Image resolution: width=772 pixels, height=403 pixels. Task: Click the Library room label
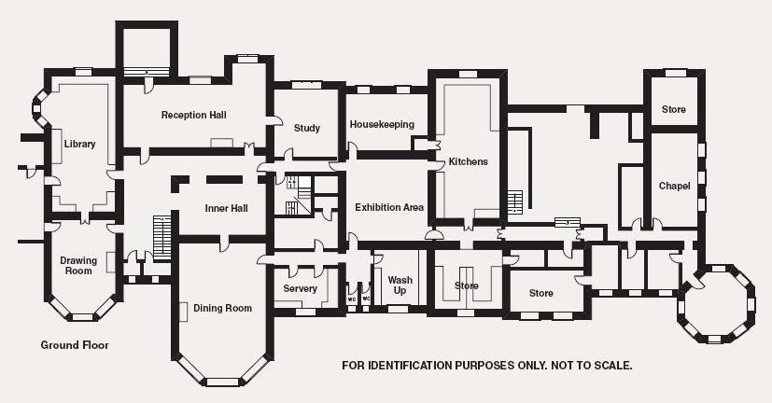click(80, 144)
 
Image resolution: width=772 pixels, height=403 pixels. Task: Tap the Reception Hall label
click(193, 116)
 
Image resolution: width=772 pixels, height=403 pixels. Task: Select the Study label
click(307, 128)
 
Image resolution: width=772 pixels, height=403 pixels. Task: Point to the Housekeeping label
click(382, 124)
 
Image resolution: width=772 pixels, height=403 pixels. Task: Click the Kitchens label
click(468, 161)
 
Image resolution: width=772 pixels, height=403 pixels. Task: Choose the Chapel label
click(674, 186)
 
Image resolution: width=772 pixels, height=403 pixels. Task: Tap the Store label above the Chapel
click(673, 109)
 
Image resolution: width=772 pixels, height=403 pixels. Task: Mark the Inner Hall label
click(226, 207)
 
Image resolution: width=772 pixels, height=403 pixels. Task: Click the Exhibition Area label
click(389, 207)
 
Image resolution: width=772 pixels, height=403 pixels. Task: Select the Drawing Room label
click(77, 265)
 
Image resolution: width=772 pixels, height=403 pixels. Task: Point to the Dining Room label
click(222, 308)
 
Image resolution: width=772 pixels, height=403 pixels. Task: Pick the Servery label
click(300, 288)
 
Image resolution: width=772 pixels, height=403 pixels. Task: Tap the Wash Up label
click(400, 285)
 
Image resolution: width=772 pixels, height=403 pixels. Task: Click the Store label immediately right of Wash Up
click(466, 285)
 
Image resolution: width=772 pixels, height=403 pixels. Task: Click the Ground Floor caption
click(75, 345)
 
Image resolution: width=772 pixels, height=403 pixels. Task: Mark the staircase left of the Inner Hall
click(162, 237)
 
